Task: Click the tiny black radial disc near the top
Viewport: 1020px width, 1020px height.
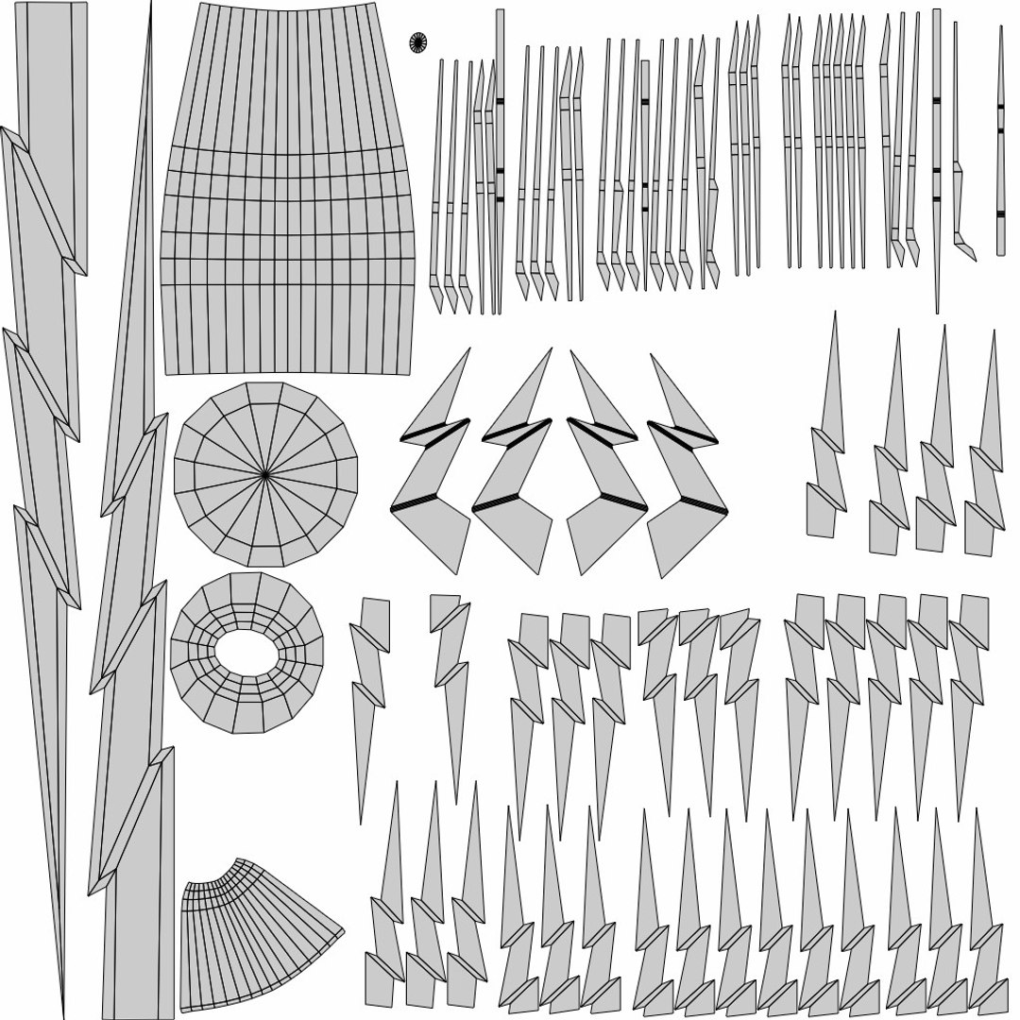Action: click(x=417, y=42)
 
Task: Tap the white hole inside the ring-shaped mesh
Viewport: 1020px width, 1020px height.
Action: click(x=246, y=652)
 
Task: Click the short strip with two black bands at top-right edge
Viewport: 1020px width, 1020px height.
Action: click(x=1000, y=142)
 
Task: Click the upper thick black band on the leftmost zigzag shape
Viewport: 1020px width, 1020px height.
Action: click(x=434, y=430)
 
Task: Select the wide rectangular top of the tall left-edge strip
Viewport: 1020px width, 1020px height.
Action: click(x=53, y=76)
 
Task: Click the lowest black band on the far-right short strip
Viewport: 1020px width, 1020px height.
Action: click(x=1000, y=214)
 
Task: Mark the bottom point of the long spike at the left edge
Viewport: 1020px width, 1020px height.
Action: click(x=62, y=1014)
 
